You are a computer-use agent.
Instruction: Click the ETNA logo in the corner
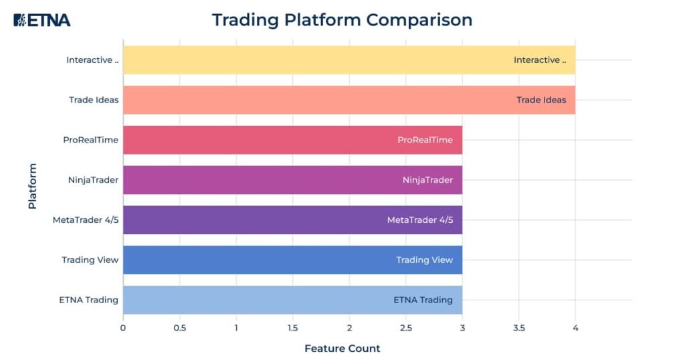tap(41, 20)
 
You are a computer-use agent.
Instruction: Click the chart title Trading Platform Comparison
tap(342, 20)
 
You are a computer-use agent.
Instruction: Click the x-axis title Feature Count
tap(342, 349)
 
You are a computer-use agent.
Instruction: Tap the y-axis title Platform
tap(32, 186)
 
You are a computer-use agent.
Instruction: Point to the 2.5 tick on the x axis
tap(405, 328)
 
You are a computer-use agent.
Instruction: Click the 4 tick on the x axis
tap(575, 328)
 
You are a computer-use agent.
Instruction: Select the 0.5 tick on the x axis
tap(179, 328)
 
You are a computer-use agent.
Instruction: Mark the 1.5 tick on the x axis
tap(292, 328)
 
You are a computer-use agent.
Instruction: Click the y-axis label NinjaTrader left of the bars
tap(93, 180)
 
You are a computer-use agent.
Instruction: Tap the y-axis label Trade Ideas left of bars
tap(94, 100)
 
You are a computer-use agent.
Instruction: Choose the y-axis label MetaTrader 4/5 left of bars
tap(86, 220)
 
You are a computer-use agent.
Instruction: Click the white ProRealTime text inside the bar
tap(425, 140)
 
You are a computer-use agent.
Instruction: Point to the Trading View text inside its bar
tap(424, 260)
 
